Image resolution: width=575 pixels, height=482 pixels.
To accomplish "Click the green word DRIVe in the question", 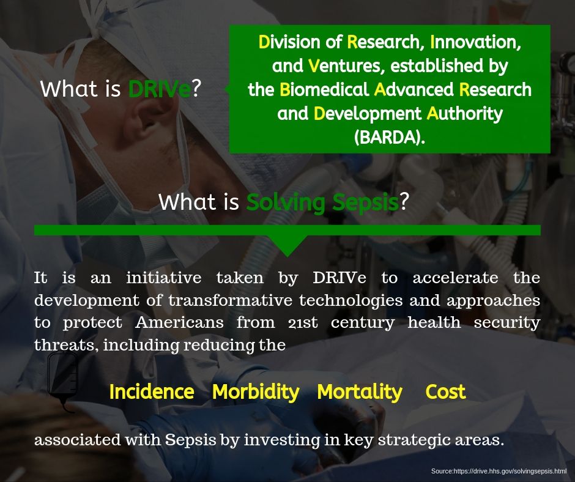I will pos(159,89).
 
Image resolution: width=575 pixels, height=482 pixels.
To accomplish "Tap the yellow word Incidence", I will pos(151,391).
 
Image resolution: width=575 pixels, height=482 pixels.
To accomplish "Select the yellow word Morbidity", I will pos(256,391).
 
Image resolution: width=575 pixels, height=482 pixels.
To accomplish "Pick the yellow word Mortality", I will pos(360,391).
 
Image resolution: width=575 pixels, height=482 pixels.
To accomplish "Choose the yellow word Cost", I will pos(445,391).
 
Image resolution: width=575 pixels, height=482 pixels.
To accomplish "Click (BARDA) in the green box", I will pos(390,138).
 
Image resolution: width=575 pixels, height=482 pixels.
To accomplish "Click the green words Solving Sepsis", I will pos(322,201).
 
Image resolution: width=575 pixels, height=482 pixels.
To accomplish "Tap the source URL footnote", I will pos(499,472).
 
